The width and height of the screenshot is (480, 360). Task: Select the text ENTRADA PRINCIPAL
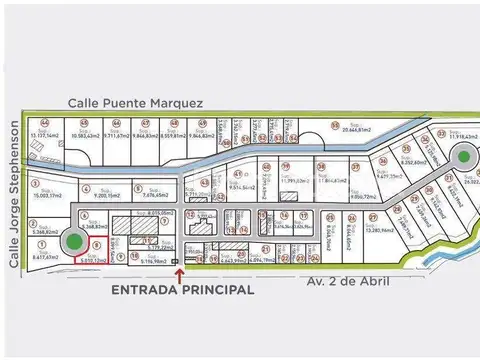[180, 289]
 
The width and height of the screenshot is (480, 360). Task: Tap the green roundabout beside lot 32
[463, 156]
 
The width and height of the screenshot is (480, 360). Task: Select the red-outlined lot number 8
[96, 244]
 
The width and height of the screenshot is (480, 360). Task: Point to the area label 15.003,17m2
[48, 197]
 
